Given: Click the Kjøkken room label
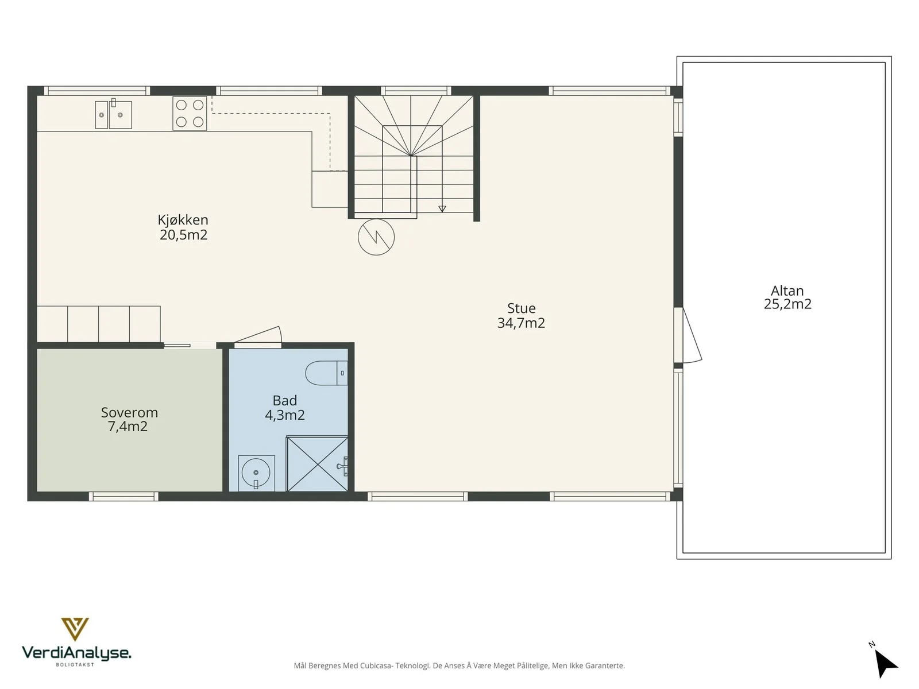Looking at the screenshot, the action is [183, 220].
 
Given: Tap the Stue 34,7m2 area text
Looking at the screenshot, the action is [522, 315].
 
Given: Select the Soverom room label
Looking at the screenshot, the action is [129, 412].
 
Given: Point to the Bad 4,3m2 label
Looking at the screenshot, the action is [285, 408].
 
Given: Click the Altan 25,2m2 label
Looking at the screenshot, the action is [787, 297].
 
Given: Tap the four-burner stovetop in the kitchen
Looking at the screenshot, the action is [190, 113].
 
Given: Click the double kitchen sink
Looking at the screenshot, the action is [114, 114].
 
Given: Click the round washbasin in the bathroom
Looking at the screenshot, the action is [256, 473].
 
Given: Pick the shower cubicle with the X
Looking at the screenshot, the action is [318, 464].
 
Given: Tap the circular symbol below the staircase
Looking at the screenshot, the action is [376, 237].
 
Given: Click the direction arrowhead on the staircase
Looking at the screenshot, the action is [442, 209].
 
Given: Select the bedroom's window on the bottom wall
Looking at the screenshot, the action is [123, 496].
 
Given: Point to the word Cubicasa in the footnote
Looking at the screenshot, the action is [377, 665].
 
